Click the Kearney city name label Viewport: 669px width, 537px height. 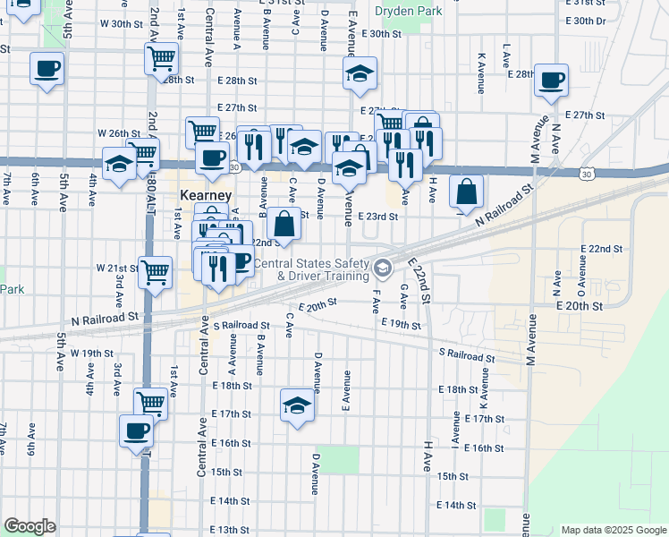pos(206,195)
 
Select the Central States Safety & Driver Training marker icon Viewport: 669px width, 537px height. pos(383,268)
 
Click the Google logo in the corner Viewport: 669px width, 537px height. pos(30,525)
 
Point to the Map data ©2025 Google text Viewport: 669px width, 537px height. pos(614,530)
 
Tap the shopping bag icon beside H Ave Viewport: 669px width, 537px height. pos(466,191)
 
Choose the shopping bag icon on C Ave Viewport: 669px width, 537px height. pos(284,226)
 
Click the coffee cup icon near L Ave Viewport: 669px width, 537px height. pos(549,78)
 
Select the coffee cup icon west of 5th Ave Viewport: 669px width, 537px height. pos(47,68)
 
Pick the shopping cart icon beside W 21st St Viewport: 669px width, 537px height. pos(156,270)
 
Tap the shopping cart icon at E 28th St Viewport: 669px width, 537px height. pos(161,59)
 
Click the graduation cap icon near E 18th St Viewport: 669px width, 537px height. pos(297,405)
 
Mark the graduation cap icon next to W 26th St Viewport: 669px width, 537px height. pos(118,164)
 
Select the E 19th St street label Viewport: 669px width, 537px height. pos(400,323)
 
